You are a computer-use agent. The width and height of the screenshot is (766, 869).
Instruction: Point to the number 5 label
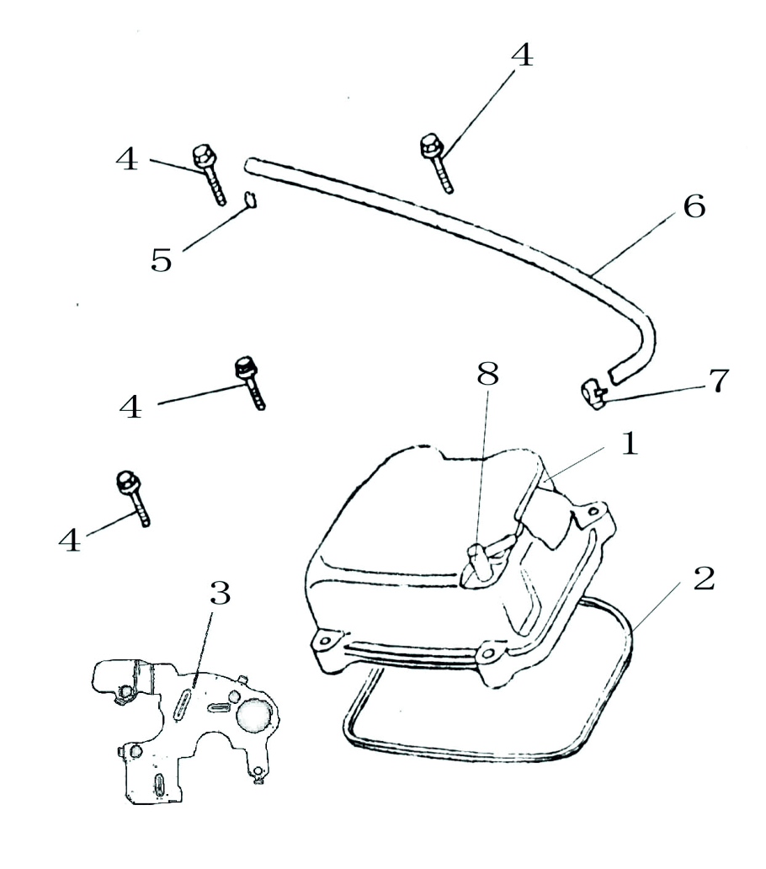pos(162,258)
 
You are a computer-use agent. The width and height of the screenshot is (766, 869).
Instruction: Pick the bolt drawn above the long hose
pos(435,160)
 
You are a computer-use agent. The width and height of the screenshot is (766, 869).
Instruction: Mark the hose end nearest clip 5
pos(250,162)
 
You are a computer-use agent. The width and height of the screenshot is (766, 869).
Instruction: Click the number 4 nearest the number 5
pos(128,158)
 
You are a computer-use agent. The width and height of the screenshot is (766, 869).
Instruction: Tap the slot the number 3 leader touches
pos(182,701)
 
